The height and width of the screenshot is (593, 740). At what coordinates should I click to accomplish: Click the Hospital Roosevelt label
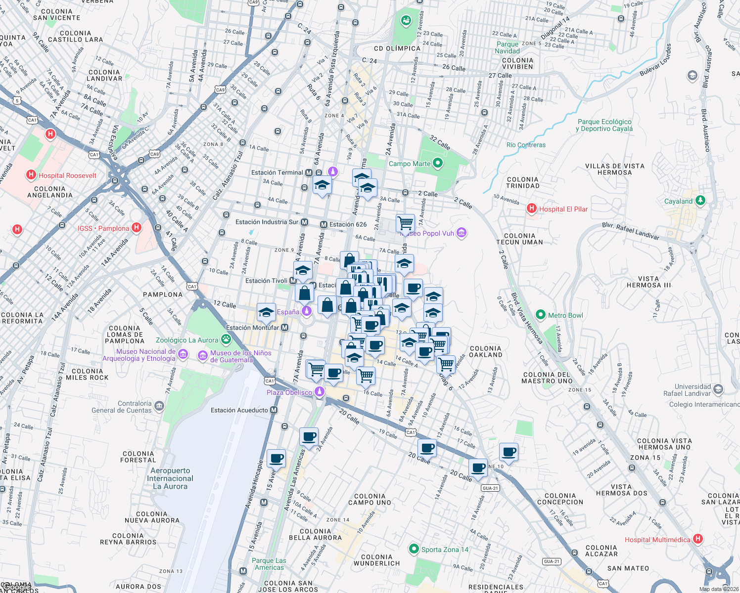[x=67, y=175]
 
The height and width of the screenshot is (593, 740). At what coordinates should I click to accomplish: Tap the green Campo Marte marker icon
[x=437, y=163]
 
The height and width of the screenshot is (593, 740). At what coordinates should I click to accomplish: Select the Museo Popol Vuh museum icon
[x=462, y=233]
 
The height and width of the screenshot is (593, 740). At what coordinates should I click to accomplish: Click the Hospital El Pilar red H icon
[x=532, y=209]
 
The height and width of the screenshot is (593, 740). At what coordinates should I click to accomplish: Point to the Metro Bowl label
[x=565, y=315]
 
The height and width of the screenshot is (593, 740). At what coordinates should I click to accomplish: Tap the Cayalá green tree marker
[x=700, y=201]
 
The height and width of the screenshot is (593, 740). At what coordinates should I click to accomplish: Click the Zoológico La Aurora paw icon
[x=226, y=339]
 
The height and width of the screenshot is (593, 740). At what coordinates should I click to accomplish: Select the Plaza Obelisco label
[x=289, y=392]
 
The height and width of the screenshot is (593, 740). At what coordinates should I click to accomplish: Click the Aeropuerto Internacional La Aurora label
[x=170, y=478]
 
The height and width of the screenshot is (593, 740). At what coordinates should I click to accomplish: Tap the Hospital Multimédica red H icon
[x=698, y=539]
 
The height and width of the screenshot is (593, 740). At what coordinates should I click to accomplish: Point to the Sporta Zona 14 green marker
[x=414, y=549]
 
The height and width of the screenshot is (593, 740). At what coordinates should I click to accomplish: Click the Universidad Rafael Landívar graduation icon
[x=718, y=389]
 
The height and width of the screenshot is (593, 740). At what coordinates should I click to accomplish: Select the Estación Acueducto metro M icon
[x=274, y=410]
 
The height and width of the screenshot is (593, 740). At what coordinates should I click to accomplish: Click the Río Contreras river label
[x=526, y=145]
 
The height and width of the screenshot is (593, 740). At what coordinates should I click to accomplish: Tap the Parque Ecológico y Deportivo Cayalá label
[x=604, y=125]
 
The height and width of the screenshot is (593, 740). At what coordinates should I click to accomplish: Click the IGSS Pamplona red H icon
[x=137, y=228]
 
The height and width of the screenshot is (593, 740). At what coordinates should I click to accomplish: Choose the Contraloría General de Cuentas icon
[x=159, y=406]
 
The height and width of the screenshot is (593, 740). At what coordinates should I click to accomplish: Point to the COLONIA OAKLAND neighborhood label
[x=485, y=351]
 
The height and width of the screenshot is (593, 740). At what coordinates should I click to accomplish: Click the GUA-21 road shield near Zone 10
[x=490, y=488]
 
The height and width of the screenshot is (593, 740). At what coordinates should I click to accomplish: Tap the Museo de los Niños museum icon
[x=202, y=356]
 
